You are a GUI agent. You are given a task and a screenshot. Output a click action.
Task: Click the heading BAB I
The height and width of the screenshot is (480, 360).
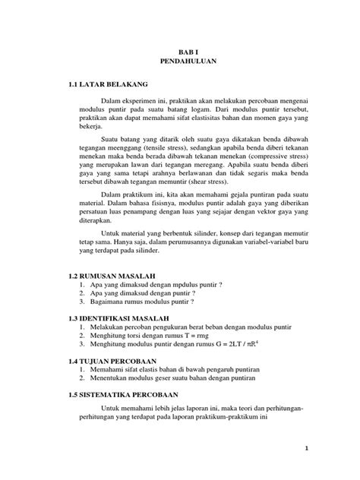coord(179,46)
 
